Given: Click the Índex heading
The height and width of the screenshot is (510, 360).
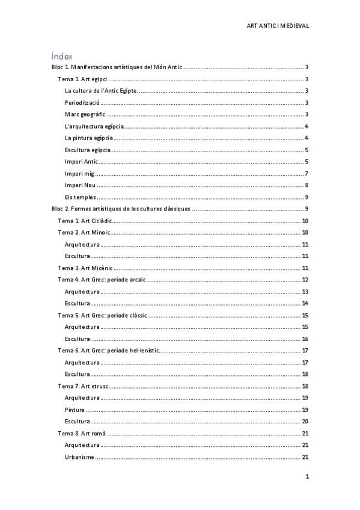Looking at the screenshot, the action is (62, 56).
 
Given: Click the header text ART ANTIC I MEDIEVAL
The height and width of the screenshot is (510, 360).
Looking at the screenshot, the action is (278, 26).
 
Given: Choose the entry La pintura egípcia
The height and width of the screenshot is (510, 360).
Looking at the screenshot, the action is (88, 138).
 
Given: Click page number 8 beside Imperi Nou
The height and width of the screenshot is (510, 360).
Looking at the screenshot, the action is (307, 185).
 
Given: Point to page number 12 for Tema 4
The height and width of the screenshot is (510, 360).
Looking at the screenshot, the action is (305, 280).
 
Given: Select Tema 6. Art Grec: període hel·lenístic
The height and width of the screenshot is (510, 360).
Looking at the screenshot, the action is (109, 350).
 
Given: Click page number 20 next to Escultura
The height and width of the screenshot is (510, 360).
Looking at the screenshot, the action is (305, 421).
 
